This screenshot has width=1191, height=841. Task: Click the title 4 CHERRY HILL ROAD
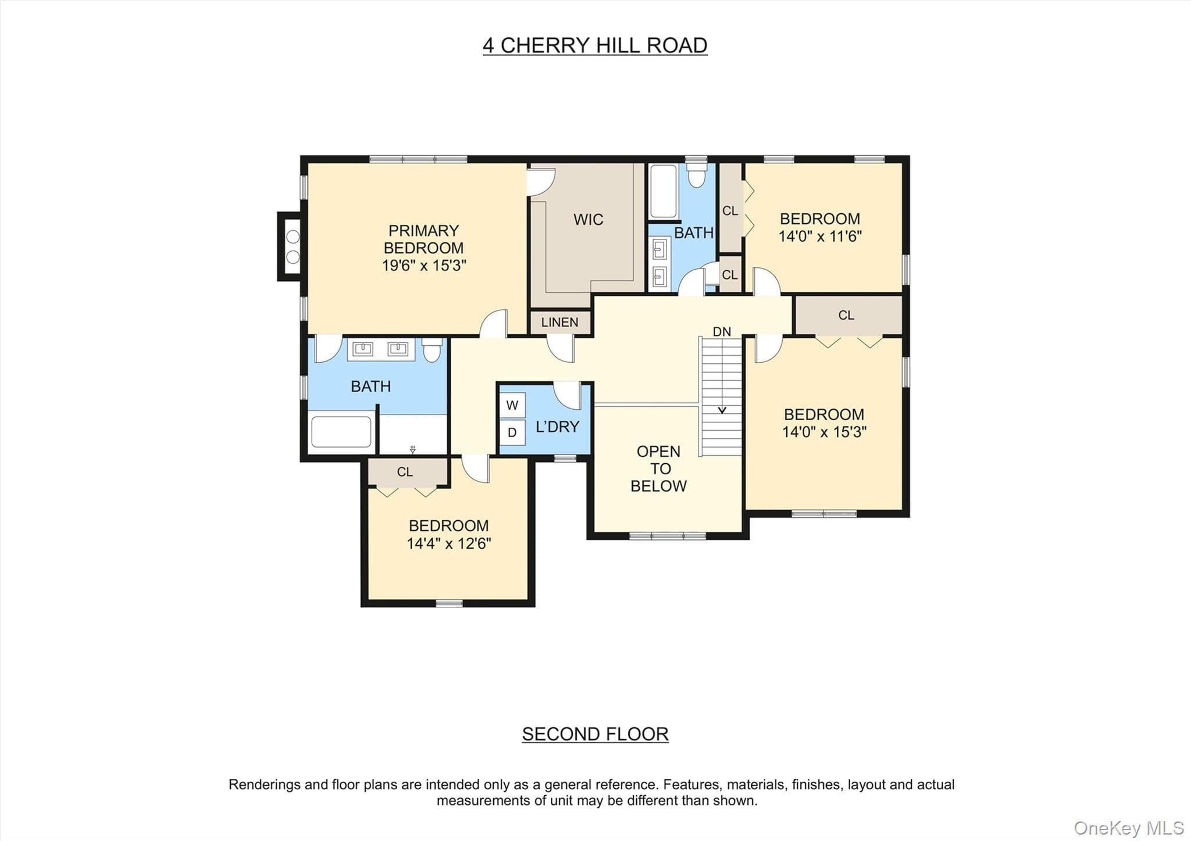595,45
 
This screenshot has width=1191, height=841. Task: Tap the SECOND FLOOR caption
595,734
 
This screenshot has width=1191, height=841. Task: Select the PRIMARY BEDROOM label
423,239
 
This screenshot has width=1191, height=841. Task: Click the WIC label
588,220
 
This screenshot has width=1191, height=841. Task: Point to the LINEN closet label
559,323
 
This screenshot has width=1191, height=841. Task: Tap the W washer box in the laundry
512,405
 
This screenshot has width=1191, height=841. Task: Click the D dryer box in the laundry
512,432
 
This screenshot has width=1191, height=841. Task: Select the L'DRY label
557,427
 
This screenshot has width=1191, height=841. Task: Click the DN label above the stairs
722,332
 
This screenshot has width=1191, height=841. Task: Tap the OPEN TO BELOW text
658,468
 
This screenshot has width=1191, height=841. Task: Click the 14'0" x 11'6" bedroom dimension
820,237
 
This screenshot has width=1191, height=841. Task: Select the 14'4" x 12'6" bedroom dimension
448,543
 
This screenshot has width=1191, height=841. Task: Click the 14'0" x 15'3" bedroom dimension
824,432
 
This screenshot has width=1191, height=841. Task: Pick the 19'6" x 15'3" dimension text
423,266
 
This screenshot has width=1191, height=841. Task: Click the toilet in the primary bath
432,350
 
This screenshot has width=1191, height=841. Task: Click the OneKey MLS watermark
1129,828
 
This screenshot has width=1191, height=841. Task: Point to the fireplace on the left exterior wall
290,246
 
